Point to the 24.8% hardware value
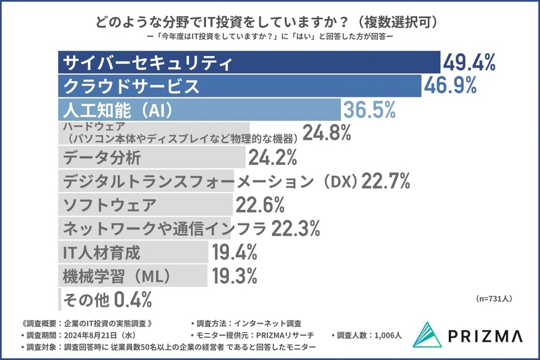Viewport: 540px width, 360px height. pyautogui.click(x=327, y=133)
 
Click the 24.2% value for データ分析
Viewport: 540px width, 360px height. pyautogui.click(x=273, y=158)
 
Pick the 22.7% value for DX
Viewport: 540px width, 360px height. pyautogui.click(x=386, y=182)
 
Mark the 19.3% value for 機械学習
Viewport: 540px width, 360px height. pyautogui.click(x=235, y=276)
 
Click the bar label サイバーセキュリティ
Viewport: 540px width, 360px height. pyautogui.click(x=147, y=64)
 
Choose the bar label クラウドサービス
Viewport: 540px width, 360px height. pyautogui.click(x=131, y=86)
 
